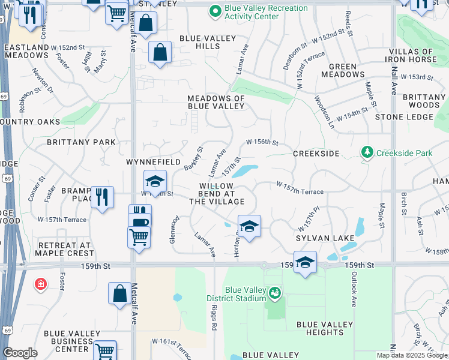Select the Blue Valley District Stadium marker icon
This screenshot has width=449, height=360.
275,293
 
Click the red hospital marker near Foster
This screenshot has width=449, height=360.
41,283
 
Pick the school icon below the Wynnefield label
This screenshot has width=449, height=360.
154,181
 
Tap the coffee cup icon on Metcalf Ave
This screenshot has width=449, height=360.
140,223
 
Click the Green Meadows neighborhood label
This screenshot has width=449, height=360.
343,70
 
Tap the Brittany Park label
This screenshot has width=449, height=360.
81,142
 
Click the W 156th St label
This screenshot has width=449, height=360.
262,143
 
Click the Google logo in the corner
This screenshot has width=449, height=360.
20,353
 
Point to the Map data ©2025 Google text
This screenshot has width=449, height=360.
411,355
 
